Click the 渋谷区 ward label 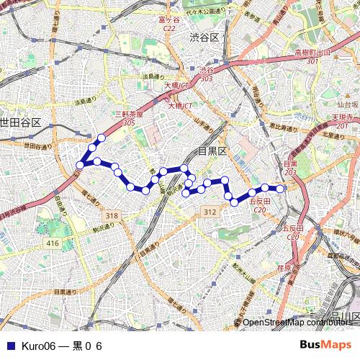click(204, 37)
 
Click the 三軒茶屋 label click(130, 114)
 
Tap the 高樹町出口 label click(312, 53)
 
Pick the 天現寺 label click(341, 116)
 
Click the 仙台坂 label click(348, 104)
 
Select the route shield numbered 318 click(111, 216)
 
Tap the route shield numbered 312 click(210, 212)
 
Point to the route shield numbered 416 click(53, 244)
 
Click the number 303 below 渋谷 click(207, 78)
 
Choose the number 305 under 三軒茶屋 click(130, 123)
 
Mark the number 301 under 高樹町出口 click(312, 61)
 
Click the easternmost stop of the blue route click(280, 189)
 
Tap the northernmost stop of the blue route click(102, 138)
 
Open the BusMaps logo click(325, 345)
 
